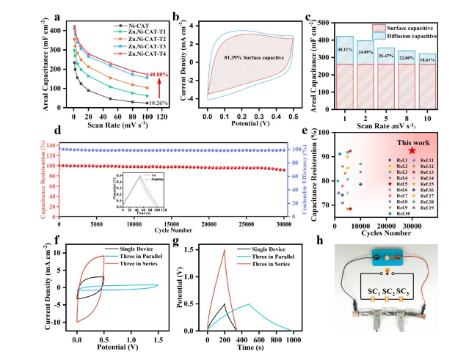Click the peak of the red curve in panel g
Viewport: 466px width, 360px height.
coord(224,250)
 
